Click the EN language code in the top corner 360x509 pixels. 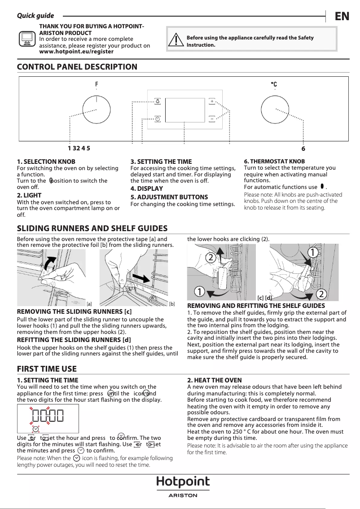click(x=342, y=16)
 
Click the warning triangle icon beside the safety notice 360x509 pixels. click(x=176, y=40)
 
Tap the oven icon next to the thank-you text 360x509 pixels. click(x=26, y=39)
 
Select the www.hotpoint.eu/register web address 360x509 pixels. click(x=76, y=52)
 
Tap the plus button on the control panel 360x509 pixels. click(x=211, y=101)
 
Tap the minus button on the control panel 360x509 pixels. click(x=211, y=119)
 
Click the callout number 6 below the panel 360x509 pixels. click(x=303, y=149)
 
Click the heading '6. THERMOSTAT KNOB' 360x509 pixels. click(x=274, y=161)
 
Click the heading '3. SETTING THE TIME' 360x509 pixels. click(x=161, y=161)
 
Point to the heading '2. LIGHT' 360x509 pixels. click(x=29, y=195)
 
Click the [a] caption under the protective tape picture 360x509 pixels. click(x=89, y=304)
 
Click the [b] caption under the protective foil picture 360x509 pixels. click(x=171, y=304)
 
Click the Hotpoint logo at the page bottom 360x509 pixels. click(x=183, y=482)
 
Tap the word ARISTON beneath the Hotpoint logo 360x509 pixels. click(x=183, y=495)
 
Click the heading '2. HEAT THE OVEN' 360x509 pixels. click(x=214, y=380)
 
